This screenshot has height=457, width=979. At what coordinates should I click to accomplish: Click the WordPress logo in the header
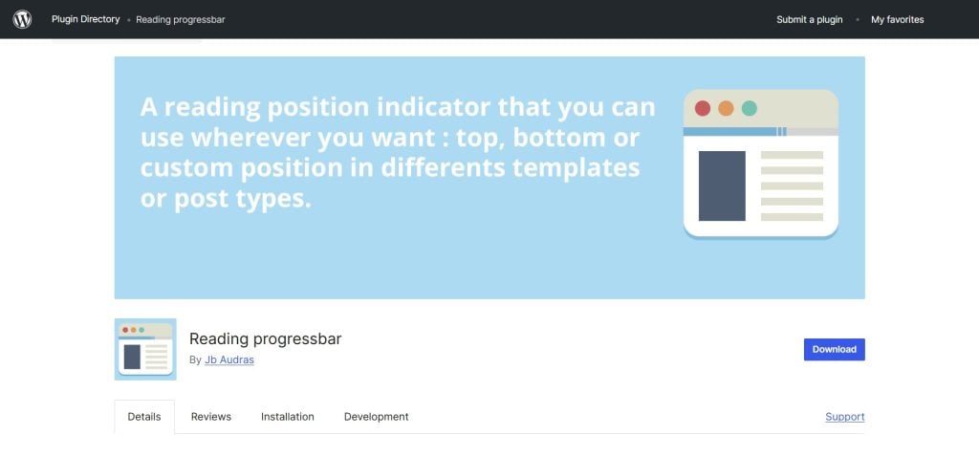point(22,19)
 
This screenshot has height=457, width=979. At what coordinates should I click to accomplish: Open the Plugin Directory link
point(86,19)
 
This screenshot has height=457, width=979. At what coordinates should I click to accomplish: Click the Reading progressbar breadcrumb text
point(181,19)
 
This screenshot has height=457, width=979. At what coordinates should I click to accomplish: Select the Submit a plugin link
point(810,19)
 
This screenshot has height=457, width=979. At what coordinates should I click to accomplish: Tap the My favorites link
point(897,19)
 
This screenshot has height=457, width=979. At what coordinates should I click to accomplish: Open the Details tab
point(144,417)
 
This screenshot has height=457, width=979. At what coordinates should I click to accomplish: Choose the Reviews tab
point(211,417)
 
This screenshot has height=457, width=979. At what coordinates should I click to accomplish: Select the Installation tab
point(288,417)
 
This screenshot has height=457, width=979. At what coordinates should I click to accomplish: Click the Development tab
point(376,417)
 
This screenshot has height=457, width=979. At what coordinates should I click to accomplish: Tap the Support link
point(844,417)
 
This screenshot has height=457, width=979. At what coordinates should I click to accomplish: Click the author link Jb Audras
point(229,360)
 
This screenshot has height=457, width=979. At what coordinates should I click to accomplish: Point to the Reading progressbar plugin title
point(265,338)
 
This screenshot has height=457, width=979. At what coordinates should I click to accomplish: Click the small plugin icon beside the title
point(145,349)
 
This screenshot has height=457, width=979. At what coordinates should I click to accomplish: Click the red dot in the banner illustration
point(703,108)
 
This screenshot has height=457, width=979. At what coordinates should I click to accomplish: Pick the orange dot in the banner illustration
point(726,108)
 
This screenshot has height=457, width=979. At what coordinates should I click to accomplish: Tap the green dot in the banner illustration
point(750,108)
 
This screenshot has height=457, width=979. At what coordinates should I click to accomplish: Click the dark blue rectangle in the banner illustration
point(722,185)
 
